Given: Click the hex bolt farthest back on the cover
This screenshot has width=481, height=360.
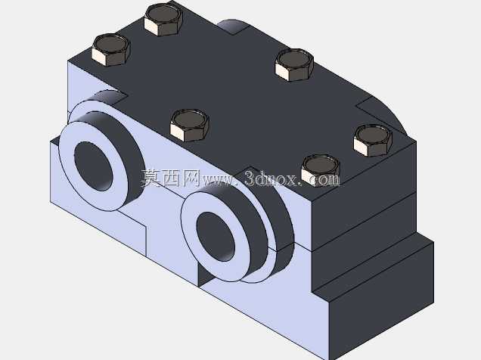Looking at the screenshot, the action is [163, 20].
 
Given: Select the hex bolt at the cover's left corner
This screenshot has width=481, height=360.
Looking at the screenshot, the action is [111, 49].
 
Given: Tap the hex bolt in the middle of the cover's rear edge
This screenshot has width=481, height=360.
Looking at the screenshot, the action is [294, 65].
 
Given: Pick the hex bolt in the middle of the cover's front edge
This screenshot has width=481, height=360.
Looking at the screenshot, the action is [190, 125].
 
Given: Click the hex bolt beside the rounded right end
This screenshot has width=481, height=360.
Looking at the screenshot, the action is [373, 141].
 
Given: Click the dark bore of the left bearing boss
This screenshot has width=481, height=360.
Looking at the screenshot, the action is [93, 166].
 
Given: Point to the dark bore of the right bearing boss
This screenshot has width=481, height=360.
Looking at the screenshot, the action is [216, 237].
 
